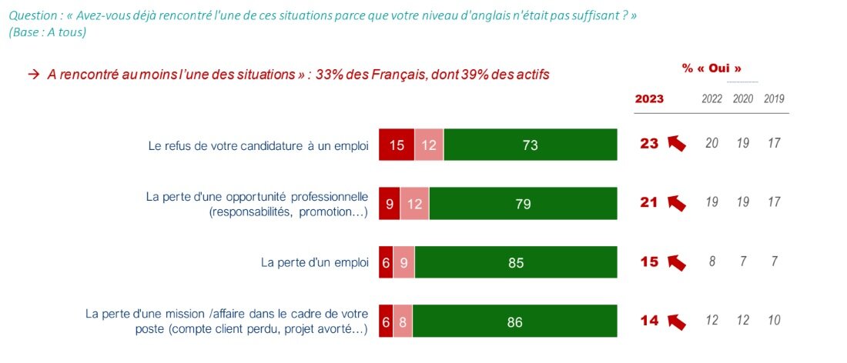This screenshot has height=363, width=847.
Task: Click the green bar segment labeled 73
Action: (x=531, y=145)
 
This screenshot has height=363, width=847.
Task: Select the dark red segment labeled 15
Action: (x=397, y=145)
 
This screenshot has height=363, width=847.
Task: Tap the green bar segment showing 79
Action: (x=524, y=204)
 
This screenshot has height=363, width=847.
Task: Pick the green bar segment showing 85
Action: (x=516, y=262)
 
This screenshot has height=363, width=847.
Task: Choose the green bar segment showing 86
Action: (x=514, y=321)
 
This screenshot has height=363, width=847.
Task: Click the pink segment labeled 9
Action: (x=404, y=262)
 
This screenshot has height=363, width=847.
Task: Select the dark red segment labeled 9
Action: (x=389, y=204)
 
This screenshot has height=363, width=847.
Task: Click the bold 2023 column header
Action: (x=649, y=99)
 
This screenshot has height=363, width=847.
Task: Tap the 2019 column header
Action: (x=773, y=99)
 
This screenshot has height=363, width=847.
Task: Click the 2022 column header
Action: (x=712, y=99)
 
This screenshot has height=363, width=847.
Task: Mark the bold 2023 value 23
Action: (x=649, y=143)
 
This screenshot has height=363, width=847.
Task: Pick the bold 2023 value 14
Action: (x=649, y=320)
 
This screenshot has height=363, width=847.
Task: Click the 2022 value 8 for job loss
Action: (x=712, y=261)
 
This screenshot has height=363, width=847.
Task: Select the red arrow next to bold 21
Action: (x=676, y=203)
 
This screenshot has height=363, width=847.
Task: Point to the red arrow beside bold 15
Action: (x=676, y=262)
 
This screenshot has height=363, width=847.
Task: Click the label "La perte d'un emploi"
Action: (x=315, y=262)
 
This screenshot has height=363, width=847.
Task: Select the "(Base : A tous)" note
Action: (x=47, y=32)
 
